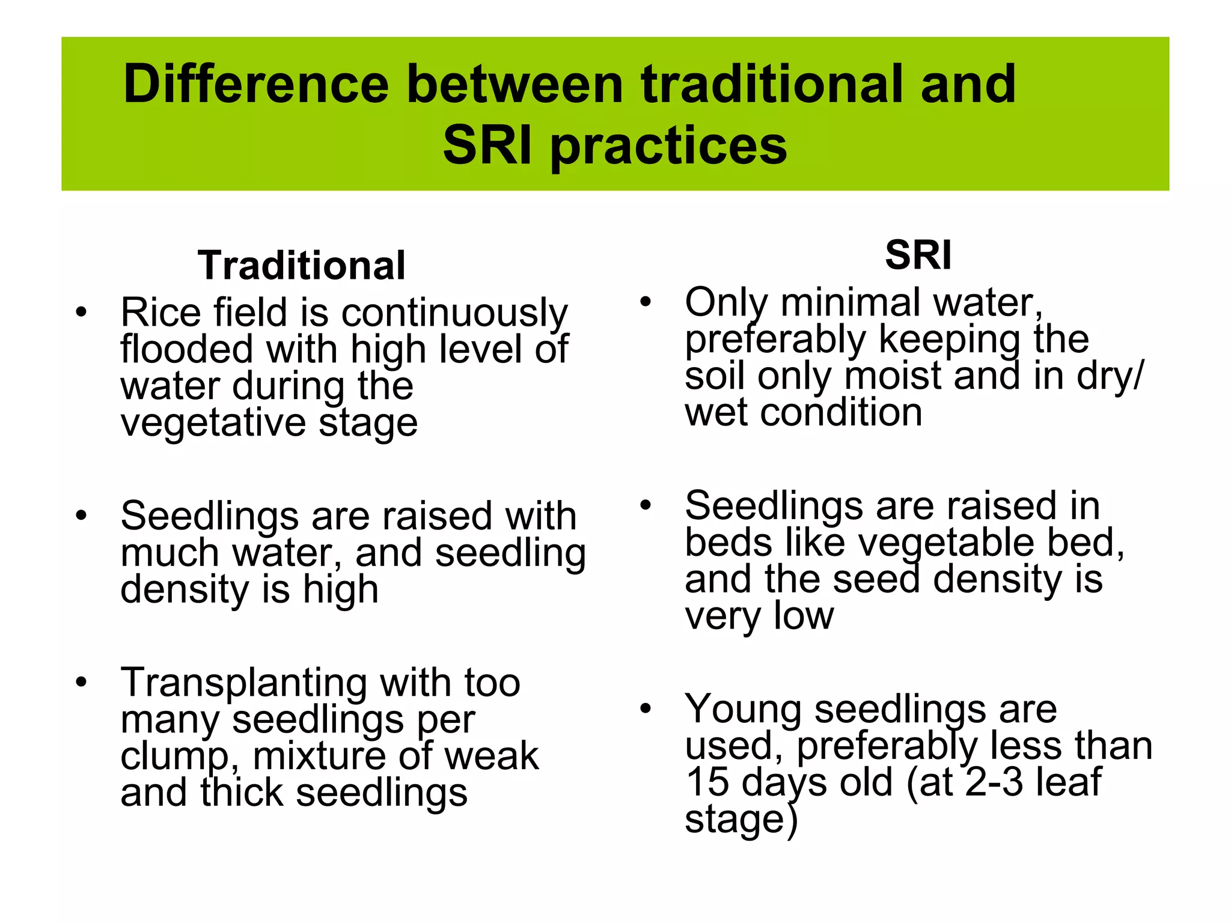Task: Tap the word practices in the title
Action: (x=668, y=146)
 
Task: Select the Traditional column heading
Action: (x=302, y=266)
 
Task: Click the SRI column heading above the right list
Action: (x=918, y=255)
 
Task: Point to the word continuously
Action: (x=454, y=314)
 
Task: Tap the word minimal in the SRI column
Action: (x=851, y=302)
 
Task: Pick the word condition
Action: (x=841, y=413)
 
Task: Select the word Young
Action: (x=743, y=709)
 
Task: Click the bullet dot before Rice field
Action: (x=82, y=312)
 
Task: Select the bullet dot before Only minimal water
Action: (x=646, y=302)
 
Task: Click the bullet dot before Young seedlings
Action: (x=646, y=708)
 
